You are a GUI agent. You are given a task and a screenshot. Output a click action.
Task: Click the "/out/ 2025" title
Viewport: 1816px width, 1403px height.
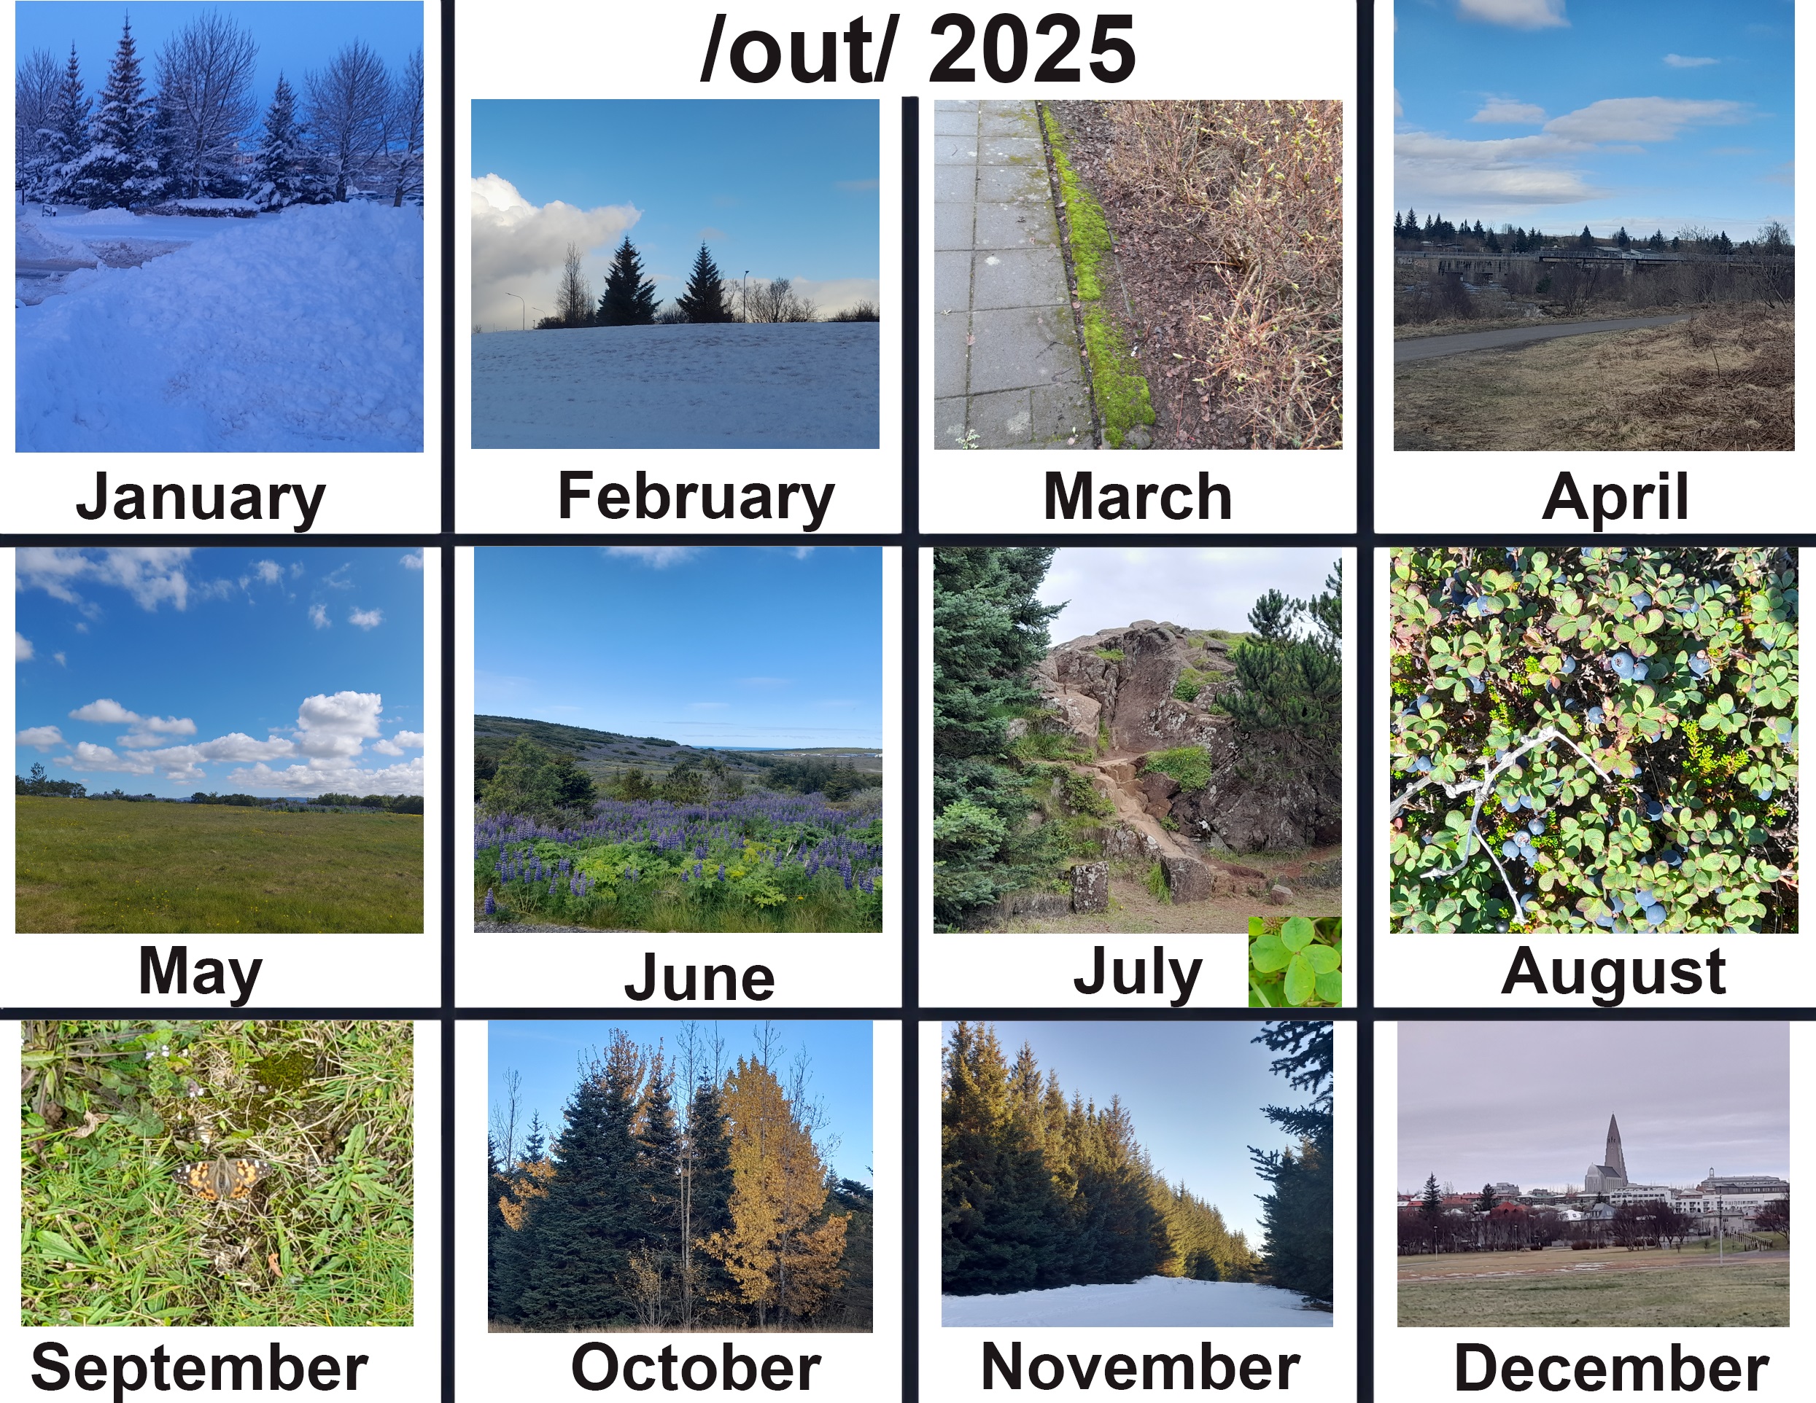(918, 49)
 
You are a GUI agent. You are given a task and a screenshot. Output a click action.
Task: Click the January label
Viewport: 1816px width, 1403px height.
(201, 497)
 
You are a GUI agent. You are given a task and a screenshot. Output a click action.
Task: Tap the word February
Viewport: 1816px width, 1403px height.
(696, 497)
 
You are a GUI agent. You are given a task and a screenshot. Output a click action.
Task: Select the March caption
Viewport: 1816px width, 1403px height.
(1138, 496)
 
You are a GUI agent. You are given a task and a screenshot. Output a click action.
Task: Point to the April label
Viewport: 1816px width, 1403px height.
(1615, 498)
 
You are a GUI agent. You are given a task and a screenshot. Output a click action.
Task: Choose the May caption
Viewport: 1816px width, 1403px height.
(201, 972)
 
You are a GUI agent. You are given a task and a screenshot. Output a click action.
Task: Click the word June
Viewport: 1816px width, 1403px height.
(699, 977)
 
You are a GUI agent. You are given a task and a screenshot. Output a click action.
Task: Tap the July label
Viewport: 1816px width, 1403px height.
(1138, 972)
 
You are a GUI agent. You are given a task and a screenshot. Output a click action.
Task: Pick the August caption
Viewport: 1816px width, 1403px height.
(1613, 972)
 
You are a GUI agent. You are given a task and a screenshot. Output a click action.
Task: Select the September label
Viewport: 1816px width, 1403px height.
(200, 1369)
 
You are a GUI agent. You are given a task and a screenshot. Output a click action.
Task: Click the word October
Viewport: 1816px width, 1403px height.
(696, 1367)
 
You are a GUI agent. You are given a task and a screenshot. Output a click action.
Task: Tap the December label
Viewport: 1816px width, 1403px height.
(1612, 1367)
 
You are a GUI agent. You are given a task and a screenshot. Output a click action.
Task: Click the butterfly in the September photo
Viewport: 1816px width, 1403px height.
(221, 1179)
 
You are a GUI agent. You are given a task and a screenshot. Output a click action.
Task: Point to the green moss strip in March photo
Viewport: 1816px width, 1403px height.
(1098, 274)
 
